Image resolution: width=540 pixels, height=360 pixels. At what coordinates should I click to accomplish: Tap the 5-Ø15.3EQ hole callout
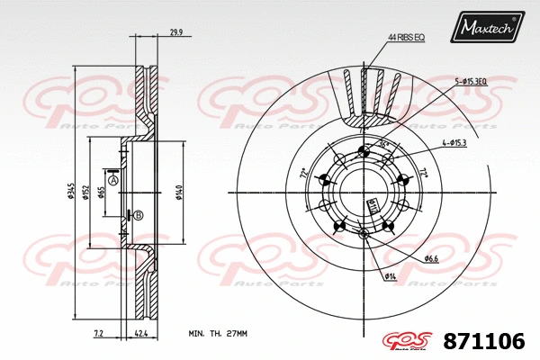point(471,81)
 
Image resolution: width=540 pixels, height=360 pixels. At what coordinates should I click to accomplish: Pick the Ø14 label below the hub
point(391,275)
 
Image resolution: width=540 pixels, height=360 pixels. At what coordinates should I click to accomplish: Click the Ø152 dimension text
point(86,193)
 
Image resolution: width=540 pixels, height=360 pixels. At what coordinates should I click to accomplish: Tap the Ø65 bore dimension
point(102,193)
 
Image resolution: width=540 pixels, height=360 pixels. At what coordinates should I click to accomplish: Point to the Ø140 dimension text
point(180,193)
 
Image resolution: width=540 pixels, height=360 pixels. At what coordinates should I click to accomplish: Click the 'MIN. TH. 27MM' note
point(217,333)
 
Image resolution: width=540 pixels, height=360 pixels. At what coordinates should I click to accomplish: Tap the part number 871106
point(483,341)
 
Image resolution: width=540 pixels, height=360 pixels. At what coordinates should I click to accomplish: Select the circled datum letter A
point(113,180)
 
